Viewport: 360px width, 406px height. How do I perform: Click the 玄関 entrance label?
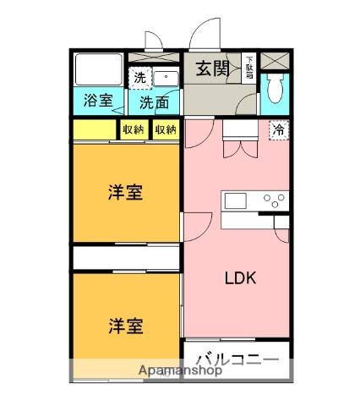coord(214,69)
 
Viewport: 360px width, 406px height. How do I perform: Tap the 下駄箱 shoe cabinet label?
coord(249,66)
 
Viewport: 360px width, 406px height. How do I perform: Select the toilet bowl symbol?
coord(274,91)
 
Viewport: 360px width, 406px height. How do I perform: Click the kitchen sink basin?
coord(234,200)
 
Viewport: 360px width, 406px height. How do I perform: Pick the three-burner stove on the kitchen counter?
coord(274,200)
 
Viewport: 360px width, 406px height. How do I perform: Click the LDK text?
coord(240,277)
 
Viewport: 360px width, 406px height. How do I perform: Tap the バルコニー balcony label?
coord(237,359)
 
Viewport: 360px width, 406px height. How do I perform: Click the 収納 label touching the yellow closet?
coord(133,129)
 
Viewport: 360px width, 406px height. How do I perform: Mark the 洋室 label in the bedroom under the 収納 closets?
coord(124,192)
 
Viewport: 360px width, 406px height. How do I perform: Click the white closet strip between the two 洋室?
coord(125,256)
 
